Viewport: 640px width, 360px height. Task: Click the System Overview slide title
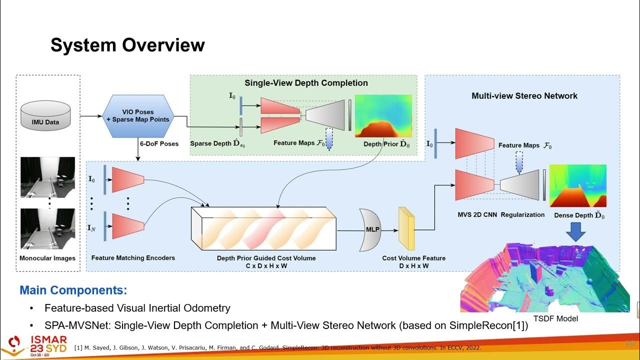coord(127,45)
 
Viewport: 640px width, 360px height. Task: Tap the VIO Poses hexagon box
coord(137,115)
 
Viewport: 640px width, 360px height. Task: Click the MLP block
coord(370,230)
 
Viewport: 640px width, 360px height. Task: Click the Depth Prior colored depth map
coord(383,115)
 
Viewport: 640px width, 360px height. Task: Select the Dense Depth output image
coord(577,185)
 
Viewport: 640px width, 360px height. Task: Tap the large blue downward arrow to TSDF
coord(576,231)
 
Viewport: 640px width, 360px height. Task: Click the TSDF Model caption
coord(555,318)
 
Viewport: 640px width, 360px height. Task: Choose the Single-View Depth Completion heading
coord(306,83)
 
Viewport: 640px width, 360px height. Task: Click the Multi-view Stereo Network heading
coord(524,95)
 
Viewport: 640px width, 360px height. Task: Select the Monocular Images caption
coord(47,258)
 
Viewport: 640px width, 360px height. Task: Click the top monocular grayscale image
coord(47,177)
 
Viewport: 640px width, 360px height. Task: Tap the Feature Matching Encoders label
coord(133,258)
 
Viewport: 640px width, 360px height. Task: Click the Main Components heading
coord(73,290)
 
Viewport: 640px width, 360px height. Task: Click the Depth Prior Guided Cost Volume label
coord(266,258)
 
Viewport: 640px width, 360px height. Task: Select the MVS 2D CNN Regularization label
coord(501,214)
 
